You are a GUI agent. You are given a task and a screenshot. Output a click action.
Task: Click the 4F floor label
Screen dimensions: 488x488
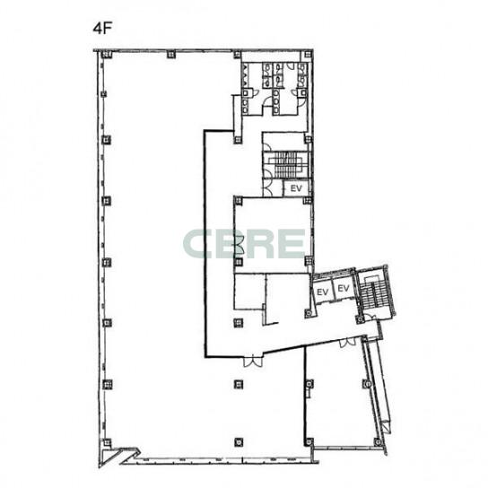102,28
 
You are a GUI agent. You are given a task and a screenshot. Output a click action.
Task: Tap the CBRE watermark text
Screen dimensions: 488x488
244,243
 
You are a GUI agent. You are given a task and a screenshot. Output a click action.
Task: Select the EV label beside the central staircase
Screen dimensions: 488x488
296,188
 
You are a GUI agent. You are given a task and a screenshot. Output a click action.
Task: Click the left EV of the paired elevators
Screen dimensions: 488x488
322,292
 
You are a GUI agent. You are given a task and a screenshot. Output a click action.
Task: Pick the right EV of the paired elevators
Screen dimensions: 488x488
344,288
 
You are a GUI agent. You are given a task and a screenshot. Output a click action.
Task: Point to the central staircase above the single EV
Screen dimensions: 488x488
285,165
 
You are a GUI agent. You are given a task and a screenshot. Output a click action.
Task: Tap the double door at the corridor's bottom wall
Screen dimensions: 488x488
253,362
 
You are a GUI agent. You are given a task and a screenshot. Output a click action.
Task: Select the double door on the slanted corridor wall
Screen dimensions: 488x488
347,342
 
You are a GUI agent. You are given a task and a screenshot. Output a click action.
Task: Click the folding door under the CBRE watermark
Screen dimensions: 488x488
240,244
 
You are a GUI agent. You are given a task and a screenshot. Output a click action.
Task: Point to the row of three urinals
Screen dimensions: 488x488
245,75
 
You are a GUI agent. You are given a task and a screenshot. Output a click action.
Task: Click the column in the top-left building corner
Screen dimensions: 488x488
105,55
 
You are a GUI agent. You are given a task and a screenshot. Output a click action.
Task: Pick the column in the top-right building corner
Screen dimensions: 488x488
309,55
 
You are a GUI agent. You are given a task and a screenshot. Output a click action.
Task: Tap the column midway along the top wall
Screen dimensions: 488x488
170,55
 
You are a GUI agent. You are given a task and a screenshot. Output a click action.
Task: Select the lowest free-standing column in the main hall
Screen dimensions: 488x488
239,441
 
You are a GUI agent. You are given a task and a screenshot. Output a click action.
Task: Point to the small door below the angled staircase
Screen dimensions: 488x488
370,318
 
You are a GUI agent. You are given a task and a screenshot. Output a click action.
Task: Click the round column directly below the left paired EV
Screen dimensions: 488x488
309,313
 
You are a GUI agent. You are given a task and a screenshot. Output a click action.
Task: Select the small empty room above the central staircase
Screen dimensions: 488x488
283,142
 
